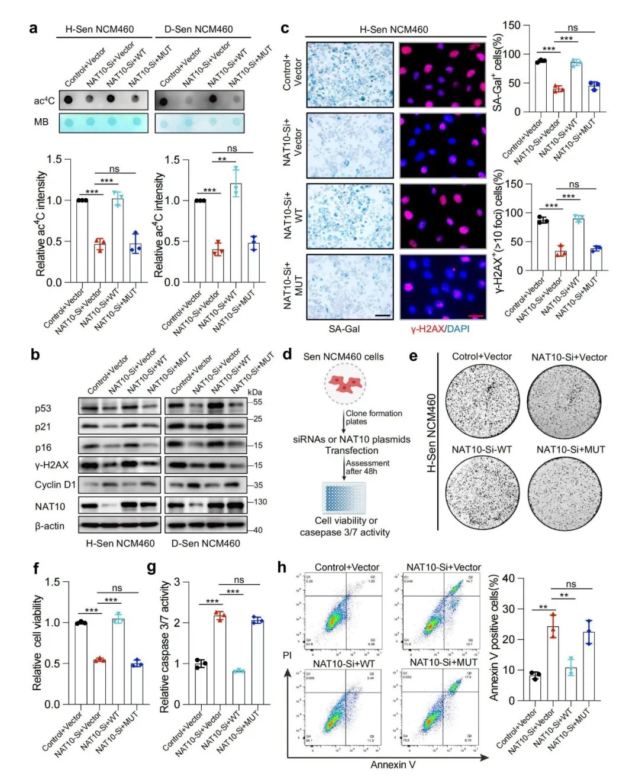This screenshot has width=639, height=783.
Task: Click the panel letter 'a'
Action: [34, 28]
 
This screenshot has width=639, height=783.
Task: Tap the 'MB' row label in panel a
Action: [41, 122]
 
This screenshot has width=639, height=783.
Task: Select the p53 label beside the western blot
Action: [43, 408]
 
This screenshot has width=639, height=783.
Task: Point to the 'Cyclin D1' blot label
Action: [55, 484]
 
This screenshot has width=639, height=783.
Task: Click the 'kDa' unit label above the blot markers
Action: [254, 392]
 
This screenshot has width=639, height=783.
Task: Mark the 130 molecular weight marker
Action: [260, 501]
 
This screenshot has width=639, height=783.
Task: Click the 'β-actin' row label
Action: [50, 526]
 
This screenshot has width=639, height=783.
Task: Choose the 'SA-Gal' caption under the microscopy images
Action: [344, 329]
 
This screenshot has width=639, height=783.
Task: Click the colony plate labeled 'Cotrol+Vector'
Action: [482, 402]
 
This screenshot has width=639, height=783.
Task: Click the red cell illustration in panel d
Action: [345, 384]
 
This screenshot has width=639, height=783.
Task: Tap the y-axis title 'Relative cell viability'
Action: [37, 642]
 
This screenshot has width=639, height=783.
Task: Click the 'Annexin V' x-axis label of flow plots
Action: [393, 765]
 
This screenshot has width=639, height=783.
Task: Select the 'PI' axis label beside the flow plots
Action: [288, 655]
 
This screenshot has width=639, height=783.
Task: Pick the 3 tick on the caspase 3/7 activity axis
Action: [176, 583]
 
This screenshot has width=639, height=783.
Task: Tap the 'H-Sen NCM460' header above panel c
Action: [393, 29]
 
